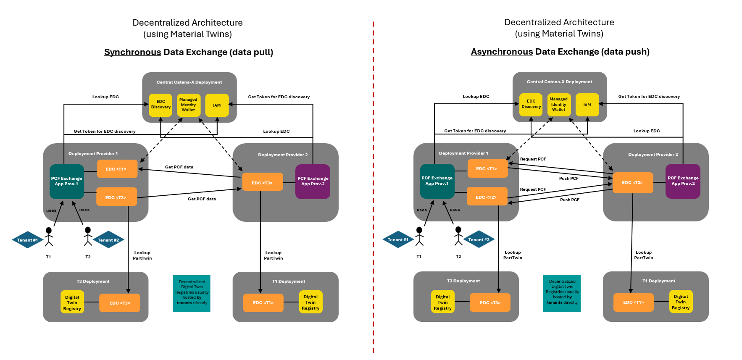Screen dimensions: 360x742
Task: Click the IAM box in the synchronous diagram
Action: coord(217,105)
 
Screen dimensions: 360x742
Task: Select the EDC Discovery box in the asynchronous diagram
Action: coord(531,104)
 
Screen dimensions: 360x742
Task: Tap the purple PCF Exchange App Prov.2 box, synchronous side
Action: coord(313,181)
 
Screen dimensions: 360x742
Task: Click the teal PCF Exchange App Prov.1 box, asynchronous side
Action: coord(437,181)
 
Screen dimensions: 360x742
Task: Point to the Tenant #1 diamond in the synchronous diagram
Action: coord(27,240)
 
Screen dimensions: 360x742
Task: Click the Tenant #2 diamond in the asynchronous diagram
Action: coord(479,239)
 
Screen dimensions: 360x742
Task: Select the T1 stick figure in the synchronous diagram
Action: coord(49,237)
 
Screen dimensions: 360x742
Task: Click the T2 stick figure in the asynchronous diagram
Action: coord(458,236)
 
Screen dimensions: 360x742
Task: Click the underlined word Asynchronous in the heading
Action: coord(502,52)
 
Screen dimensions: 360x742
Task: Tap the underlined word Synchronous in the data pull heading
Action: coord(132,52)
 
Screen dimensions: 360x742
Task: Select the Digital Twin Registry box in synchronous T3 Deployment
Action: coord(72,302)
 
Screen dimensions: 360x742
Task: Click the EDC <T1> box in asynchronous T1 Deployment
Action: coord(633,302)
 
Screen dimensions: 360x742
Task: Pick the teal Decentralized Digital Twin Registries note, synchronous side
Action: coord(192,293)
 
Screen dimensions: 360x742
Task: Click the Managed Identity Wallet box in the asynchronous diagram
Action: coord(558,104)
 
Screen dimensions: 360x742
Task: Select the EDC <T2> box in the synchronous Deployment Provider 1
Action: coord(116,197)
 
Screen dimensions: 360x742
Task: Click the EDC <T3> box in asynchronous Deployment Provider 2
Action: coord(633,182)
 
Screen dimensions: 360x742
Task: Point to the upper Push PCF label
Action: coord(568,179)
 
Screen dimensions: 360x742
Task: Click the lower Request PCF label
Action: coord(533,189)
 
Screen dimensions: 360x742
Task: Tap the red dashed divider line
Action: coord(373,189)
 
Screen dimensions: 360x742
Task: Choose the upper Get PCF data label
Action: coord(179,167)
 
